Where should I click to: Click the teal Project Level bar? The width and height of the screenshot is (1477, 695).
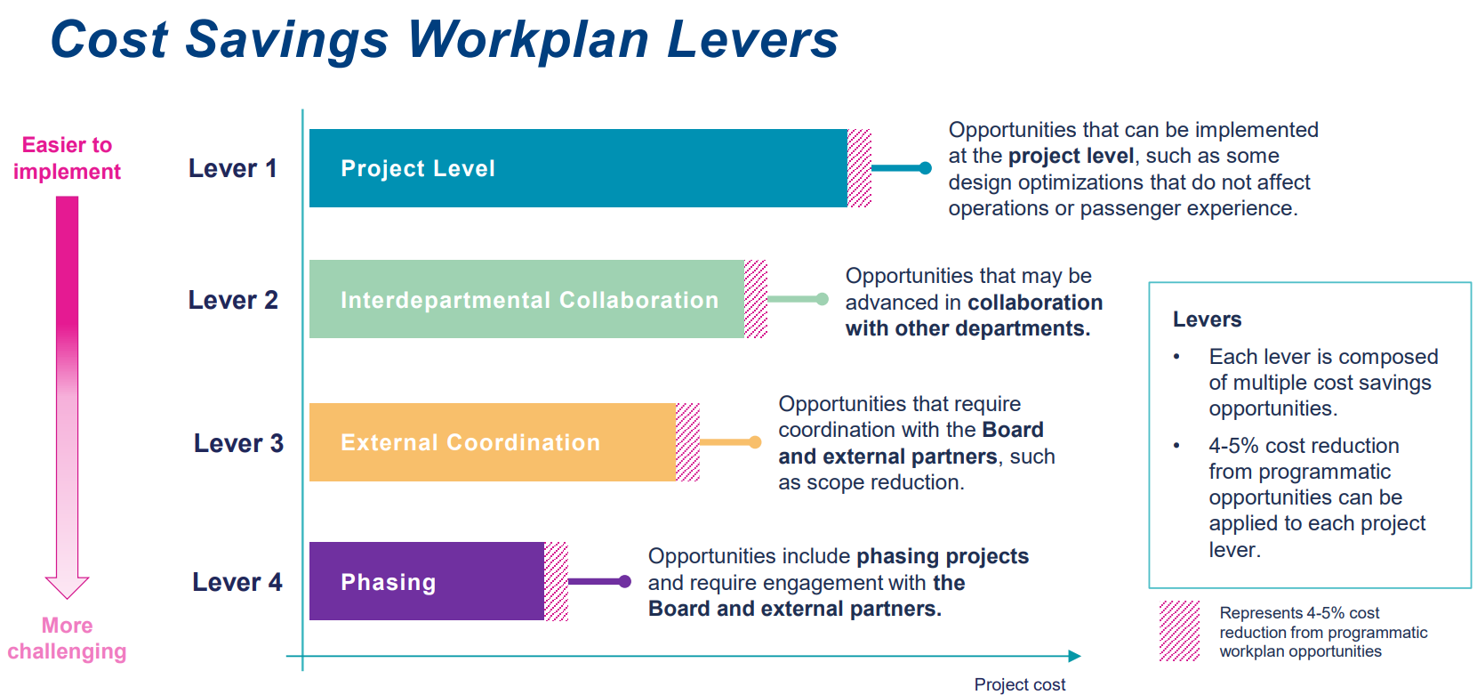[578, 168]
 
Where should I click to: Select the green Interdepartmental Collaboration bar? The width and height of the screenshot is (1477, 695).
[526, 299]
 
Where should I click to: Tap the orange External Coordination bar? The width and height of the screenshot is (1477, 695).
[493, 442]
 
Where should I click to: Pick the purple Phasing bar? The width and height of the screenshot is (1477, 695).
[427, 581]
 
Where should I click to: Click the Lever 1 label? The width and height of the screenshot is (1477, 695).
[233, 168]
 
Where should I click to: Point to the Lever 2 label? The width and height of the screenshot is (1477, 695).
[233, 300]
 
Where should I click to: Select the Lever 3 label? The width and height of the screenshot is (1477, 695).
[238, 443]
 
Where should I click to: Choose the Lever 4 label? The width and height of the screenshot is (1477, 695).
[237, 582]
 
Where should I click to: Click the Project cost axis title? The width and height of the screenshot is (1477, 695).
[1019, 684]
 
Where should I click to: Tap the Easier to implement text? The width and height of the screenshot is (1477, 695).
[67, 158]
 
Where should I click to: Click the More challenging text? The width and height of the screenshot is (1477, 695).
[67, 638]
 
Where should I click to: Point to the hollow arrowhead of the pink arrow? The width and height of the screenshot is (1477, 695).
[67, 586]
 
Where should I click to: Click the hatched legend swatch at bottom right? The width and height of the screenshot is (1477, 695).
[1180, 631]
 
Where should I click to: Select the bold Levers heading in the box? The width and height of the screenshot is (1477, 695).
[1207, 319]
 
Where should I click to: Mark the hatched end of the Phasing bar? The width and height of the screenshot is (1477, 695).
[556, 581]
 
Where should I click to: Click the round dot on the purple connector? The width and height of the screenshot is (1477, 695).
[625, 581]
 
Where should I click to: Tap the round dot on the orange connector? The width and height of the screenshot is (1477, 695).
[755, 442]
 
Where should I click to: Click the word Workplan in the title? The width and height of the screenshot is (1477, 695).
[527, 41]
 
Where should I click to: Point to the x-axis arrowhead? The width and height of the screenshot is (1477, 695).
[1075, 656]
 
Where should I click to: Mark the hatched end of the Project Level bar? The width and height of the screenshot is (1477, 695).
[859, 168]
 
